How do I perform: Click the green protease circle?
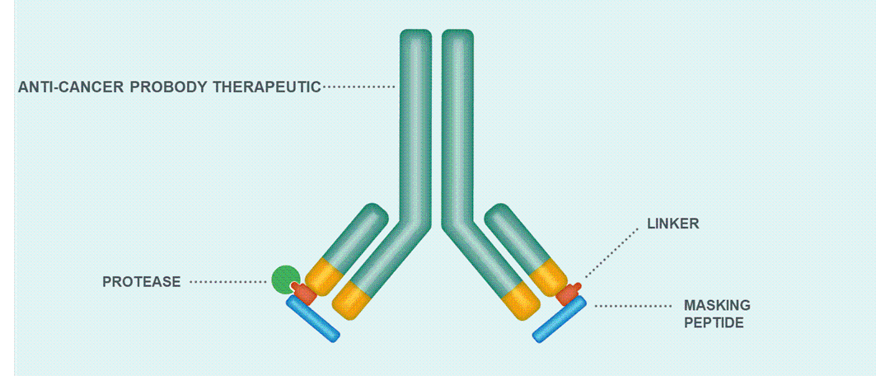(285, 279)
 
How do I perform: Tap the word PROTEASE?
(141, 282)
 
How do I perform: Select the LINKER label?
(672, 223)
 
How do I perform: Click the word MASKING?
(717, 306)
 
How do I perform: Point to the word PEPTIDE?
(714, 322)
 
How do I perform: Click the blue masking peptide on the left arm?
(312, 318)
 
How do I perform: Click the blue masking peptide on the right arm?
(560, 318)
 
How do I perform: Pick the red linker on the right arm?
(569, 293)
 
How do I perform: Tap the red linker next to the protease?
(304, 293)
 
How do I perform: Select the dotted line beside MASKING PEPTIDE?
(633, 306)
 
